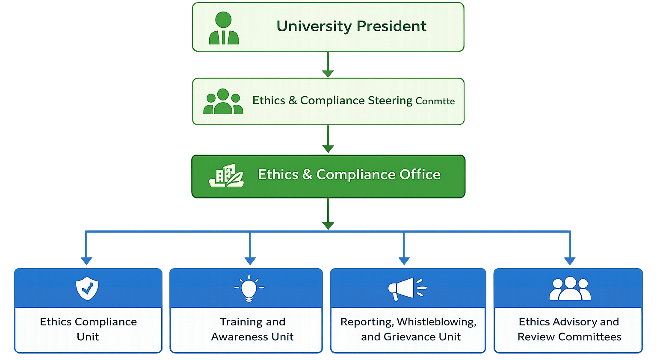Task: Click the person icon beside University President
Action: (224, 28)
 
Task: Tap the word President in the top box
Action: (391, 27)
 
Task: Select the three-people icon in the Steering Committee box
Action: (223, 101)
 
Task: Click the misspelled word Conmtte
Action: (435, 101)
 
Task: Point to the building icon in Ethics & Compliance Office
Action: (226, 175)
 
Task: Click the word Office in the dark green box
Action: (420, 174)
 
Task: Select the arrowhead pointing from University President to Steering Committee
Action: (328, 74)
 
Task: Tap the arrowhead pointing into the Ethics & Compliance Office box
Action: (328, 149)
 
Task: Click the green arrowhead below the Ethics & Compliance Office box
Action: (328, 226)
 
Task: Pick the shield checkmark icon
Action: (87, 288)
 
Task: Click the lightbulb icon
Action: (249, 288)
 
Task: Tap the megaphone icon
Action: (407, 289)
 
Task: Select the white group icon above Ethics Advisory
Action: (570, 289)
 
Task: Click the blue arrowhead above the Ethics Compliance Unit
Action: (86, 261)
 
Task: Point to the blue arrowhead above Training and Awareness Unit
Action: (250, 261)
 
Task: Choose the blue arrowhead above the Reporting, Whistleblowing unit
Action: (404, 261)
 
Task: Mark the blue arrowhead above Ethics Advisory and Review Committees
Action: (570, 261)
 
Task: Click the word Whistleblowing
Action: (436, 322)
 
